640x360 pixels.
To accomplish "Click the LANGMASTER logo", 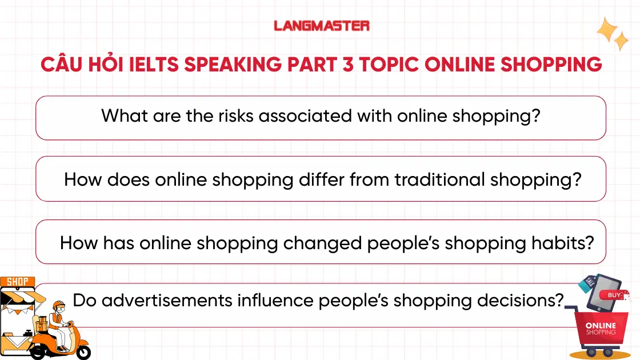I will tap(322, 26).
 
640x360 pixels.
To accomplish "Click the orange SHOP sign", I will tap(17, 282).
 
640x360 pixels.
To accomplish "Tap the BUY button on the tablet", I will tap(614, 295).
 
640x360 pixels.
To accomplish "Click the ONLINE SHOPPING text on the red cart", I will tap(601, 329).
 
